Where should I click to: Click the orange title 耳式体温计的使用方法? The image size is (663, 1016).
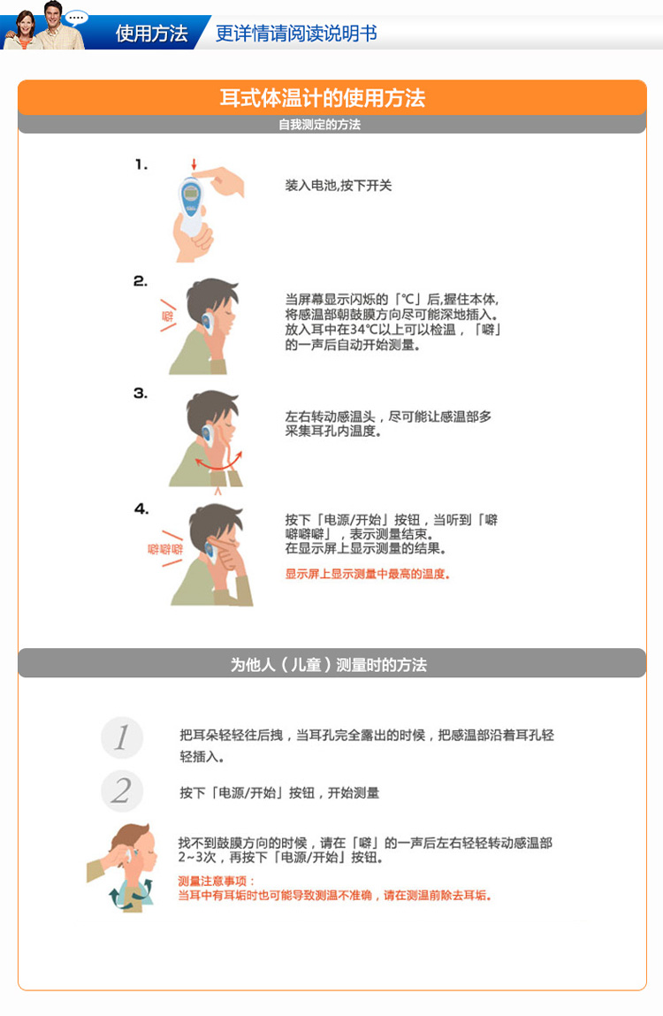click(x=323, y=97)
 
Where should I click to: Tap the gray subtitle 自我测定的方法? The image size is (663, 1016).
click(x=319, y=125)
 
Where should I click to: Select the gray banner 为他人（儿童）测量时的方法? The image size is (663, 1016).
click(x=329, y=664)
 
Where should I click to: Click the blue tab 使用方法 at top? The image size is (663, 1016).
click(x=151, y=34)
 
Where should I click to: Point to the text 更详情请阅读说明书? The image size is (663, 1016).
click(x=296, y=34)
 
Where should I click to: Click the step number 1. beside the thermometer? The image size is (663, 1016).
click(x=141, y=164)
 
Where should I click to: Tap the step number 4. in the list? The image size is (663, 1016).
click(x=141, y=508)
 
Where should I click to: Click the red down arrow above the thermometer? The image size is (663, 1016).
click(x=194, y=166)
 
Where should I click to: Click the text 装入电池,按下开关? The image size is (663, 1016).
click(x=338, y=186)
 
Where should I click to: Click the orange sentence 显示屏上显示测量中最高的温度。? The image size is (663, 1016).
click(x=367, y=574)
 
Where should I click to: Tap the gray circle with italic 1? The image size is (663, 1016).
click(x=122, y=737)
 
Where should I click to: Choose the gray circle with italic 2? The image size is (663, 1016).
click(x=122, y=791)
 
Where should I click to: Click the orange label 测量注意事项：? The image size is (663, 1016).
click(x=217, y=881)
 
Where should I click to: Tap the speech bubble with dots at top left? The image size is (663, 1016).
click(x=78, y=16)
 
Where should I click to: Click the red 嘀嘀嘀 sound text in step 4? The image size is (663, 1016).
click(x=165, y=549)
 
